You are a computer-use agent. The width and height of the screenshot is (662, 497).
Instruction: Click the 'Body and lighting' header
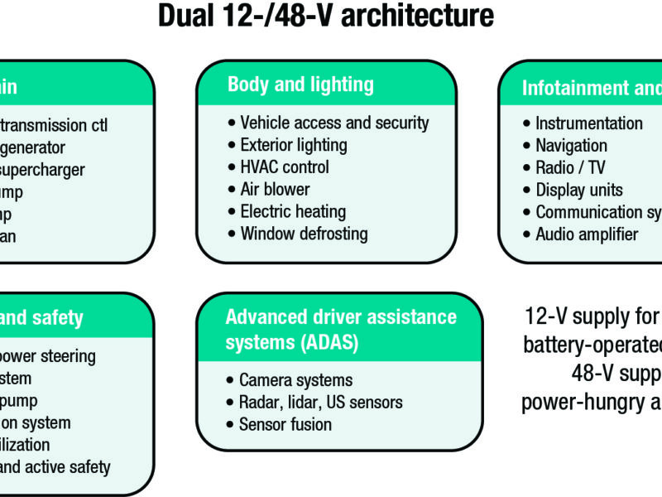coord(300,84)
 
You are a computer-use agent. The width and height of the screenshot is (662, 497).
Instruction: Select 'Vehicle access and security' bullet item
coord(334,123)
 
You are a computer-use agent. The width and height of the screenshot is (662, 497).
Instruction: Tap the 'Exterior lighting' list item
coord(294,145)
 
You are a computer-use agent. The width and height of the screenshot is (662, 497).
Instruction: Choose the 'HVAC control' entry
coord(284,167)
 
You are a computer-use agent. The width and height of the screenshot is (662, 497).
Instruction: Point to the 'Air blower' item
coord(275,190)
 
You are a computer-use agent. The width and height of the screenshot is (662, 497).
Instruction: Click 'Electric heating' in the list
coord(293,211)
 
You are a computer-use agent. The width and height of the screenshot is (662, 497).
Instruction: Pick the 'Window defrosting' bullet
coord(304,234)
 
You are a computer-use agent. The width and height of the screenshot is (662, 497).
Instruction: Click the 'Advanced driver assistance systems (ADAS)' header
coord(340,329)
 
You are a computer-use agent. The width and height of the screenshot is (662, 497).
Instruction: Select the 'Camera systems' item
coord(295,380)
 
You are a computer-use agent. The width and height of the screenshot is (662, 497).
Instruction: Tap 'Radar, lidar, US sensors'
coord(320,403)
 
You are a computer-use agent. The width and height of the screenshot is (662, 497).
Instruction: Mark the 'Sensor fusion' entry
coord(285,424)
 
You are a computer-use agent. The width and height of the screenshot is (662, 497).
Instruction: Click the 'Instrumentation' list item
coord(588,123)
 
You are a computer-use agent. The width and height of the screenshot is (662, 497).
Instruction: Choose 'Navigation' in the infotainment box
coord(571,146)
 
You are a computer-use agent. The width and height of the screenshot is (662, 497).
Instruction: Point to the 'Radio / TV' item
coord(568,167)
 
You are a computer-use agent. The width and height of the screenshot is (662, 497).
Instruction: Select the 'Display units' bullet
coord(579,190)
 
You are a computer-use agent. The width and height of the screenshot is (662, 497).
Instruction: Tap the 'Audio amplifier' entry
coord(587,234)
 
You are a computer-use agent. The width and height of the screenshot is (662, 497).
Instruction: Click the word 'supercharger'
coord(42,170)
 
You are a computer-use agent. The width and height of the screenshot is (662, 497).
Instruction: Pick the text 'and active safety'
coord(55,467)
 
